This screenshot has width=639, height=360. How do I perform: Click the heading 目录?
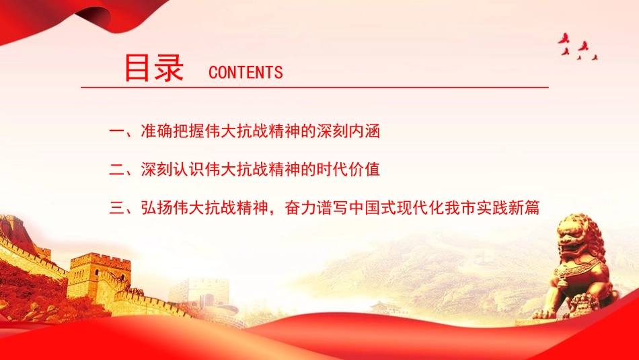154,68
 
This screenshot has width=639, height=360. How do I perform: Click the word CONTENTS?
246,73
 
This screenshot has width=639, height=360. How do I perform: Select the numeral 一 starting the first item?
116,131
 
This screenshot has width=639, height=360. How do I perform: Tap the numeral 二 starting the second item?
116,170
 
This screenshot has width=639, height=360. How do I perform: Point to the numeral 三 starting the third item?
116,208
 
